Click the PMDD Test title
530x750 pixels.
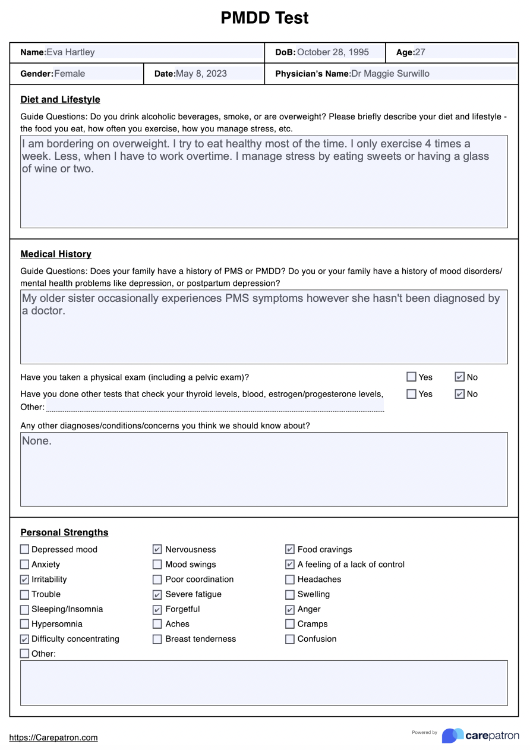264,18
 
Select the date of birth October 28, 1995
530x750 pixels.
333,52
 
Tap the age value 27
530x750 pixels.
420,52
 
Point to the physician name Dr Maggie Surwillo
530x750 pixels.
390,74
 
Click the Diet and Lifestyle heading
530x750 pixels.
60,99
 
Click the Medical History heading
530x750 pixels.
56,254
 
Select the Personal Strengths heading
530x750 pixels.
64,532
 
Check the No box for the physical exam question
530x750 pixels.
459,377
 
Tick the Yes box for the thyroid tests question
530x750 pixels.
411,394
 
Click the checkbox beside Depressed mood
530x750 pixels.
24,550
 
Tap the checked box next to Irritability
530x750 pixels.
24,579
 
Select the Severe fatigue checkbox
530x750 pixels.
157,594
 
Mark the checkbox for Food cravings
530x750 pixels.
290,550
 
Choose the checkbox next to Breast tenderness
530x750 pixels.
157,639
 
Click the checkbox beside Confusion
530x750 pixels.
290,639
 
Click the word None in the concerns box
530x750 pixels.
36,441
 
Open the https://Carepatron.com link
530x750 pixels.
53,738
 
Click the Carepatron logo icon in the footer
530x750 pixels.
452,735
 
